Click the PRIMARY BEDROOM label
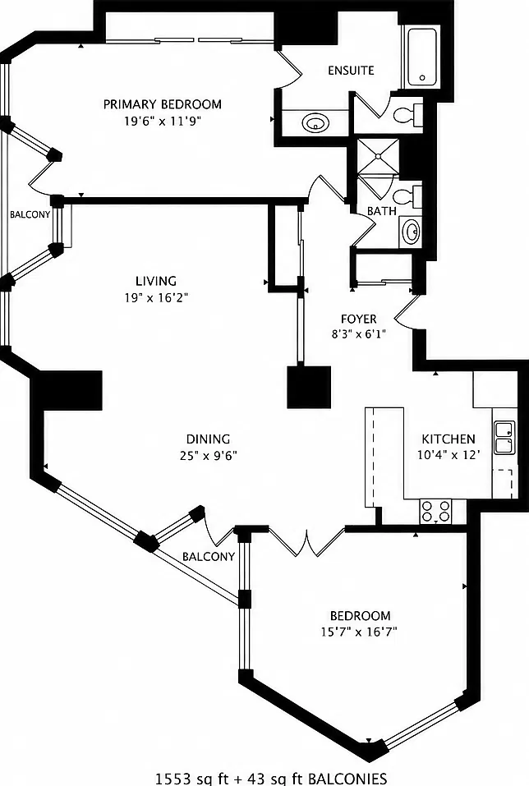163,104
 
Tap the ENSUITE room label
351,70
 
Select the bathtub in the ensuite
421,57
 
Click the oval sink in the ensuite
315,122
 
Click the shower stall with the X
378,156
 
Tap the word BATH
382,212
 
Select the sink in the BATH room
412,232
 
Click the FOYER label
358,319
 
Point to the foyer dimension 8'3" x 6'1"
358,334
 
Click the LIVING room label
156,281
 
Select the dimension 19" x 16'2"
156,298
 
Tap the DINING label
208,439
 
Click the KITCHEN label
448,439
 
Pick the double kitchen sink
504,438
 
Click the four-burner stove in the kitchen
435,512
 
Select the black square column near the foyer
309,387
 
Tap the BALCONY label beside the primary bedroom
30,214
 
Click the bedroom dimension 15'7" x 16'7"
359,632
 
